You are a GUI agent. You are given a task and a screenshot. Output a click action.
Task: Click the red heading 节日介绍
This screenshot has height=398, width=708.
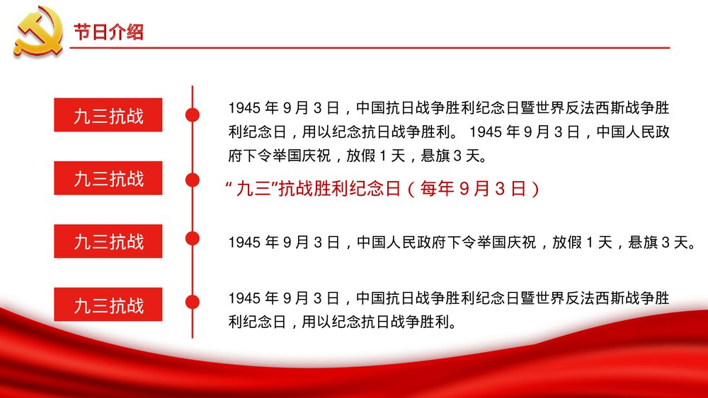(x=108, y=33)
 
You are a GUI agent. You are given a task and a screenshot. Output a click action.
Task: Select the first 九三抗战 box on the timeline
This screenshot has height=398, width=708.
(x=108, y=115)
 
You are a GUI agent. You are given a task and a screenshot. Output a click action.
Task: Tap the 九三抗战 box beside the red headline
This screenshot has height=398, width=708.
(x=108, y=178)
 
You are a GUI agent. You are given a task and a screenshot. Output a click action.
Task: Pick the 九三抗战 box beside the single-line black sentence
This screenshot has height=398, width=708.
(x=108, y=242)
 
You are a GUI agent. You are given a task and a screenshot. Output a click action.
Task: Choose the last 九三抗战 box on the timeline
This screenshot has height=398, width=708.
(x=108, y=305)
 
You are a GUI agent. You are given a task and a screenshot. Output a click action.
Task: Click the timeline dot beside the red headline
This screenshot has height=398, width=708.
(x=192, y=180)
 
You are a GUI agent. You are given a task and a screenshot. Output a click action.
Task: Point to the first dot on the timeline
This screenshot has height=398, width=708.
(x=192, y=115)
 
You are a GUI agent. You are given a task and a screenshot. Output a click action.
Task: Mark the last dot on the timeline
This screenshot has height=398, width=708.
(x=192, y=302)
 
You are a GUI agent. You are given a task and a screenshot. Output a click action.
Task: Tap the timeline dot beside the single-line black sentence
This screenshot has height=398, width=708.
(x=192, y=238)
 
